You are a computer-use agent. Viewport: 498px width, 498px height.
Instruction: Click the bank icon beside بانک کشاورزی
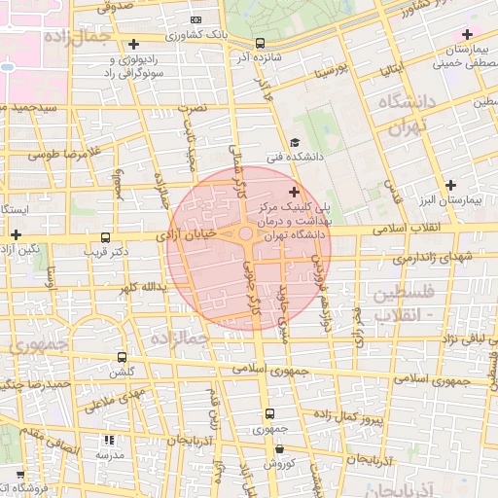[196, 20]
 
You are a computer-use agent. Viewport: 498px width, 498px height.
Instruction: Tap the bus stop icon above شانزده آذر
[260, 43]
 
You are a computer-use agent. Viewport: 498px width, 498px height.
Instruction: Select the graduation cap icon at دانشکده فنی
[295, 143]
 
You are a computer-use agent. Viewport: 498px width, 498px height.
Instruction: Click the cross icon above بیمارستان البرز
[449, 185]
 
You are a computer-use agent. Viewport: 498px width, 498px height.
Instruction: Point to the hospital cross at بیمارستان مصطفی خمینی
[467, 35]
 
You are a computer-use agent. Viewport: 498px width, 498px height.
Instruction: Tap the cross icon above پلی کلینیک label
[295, 193]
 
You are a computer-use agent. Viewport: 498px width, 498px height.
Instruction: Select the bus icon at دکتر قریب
[106, 237]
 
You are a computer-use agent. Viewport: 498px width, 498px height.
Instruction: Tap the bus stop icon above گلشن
[122, 357]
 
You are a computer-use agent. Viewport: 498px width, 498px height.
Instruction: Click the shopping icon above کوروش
[280, 449]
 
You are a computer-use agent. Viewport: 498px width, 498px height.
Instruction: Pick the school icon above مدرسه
[107, 440]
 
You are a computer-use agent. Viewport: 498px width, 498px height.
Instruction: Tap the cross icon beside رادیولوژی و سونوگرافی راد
[133, 44]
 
